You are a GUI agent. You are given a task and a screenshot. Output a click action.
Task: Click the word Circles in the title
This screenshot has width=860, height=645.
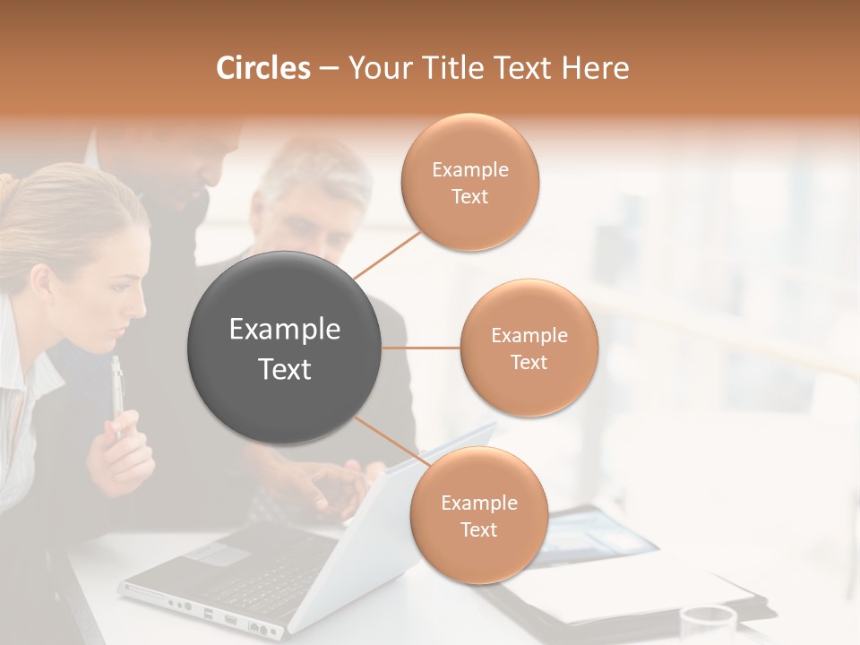point(262,68)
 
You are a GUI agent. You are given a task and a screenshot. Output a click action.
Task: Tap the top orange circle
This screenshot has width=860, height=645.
point(469,183)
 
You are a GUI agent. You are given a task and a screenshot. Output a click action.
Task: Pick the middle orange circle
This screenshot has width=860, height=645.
point(529,348)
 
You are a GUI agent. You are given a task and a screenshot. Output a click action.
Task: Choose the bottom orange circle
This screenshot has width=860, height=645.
point(478,515)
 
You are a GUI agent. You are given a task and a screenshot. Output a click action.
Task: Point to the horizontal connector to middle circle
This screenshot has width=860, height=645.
point(421,348)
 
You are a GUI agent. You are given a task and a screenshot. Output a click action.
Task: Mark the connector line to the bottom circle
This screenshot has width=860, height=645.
point(387,438)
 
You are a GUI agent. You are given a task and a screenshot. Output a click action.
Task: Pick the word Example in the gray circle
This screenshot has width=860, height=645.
point(285,330)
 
